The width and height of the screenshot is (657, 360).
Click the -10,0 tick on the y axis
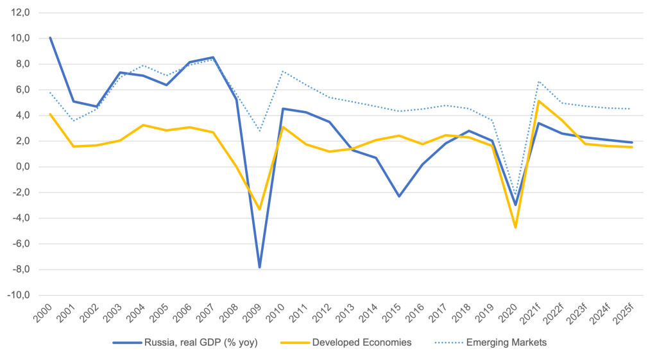(x=19, y=295)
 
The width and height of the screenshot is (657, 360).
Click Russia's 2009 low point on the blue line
(x=259, y=267)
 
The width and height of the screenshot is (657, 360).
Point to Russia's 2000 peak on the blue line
(x=50, y=38)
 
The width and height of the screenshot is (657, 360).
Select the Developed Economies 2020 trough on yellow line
(x=515, y=227)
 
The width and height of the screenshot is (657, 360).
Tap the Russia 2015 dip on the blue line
(x=398, y=196)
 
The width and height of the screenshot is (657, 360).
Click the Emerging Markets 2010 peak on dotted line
(x=282, y=71)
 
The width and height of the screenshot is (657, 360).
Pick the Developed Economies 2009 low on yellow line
(x=259, y=209)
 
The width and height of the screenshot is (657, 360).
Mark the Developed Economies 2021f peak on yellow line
(x=538, y=101)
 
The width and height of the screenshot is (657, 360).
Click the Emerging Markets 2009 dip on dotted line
(x=259, y=131)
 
